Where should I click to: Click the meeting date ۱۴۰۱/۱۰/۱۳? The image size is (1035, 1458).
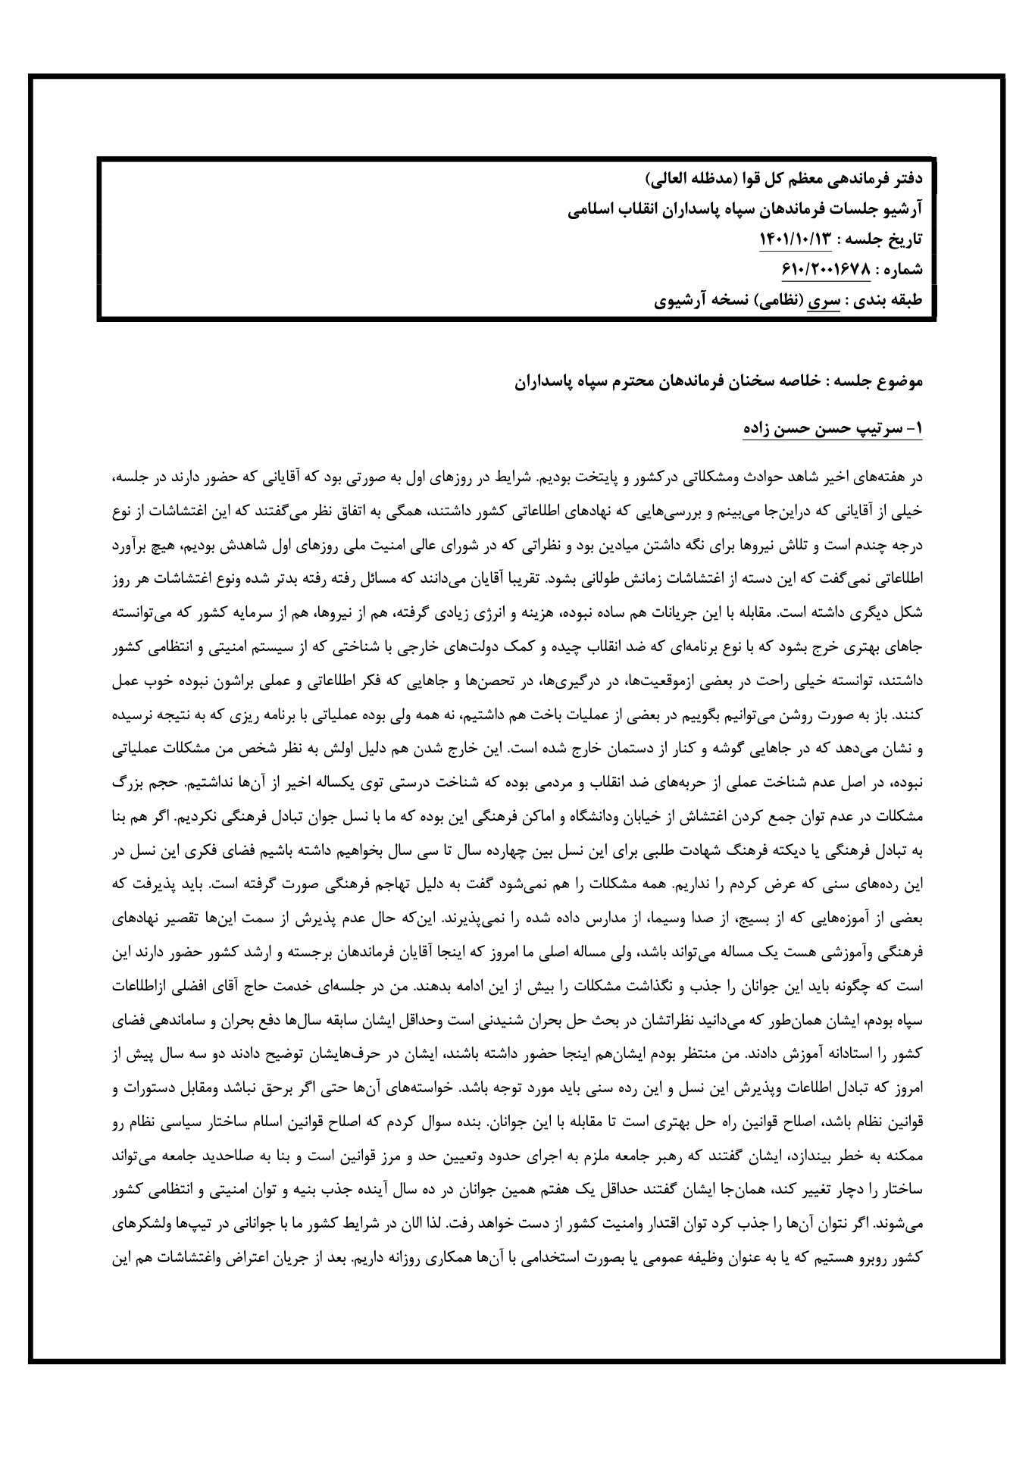click(x=795, y=239)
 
